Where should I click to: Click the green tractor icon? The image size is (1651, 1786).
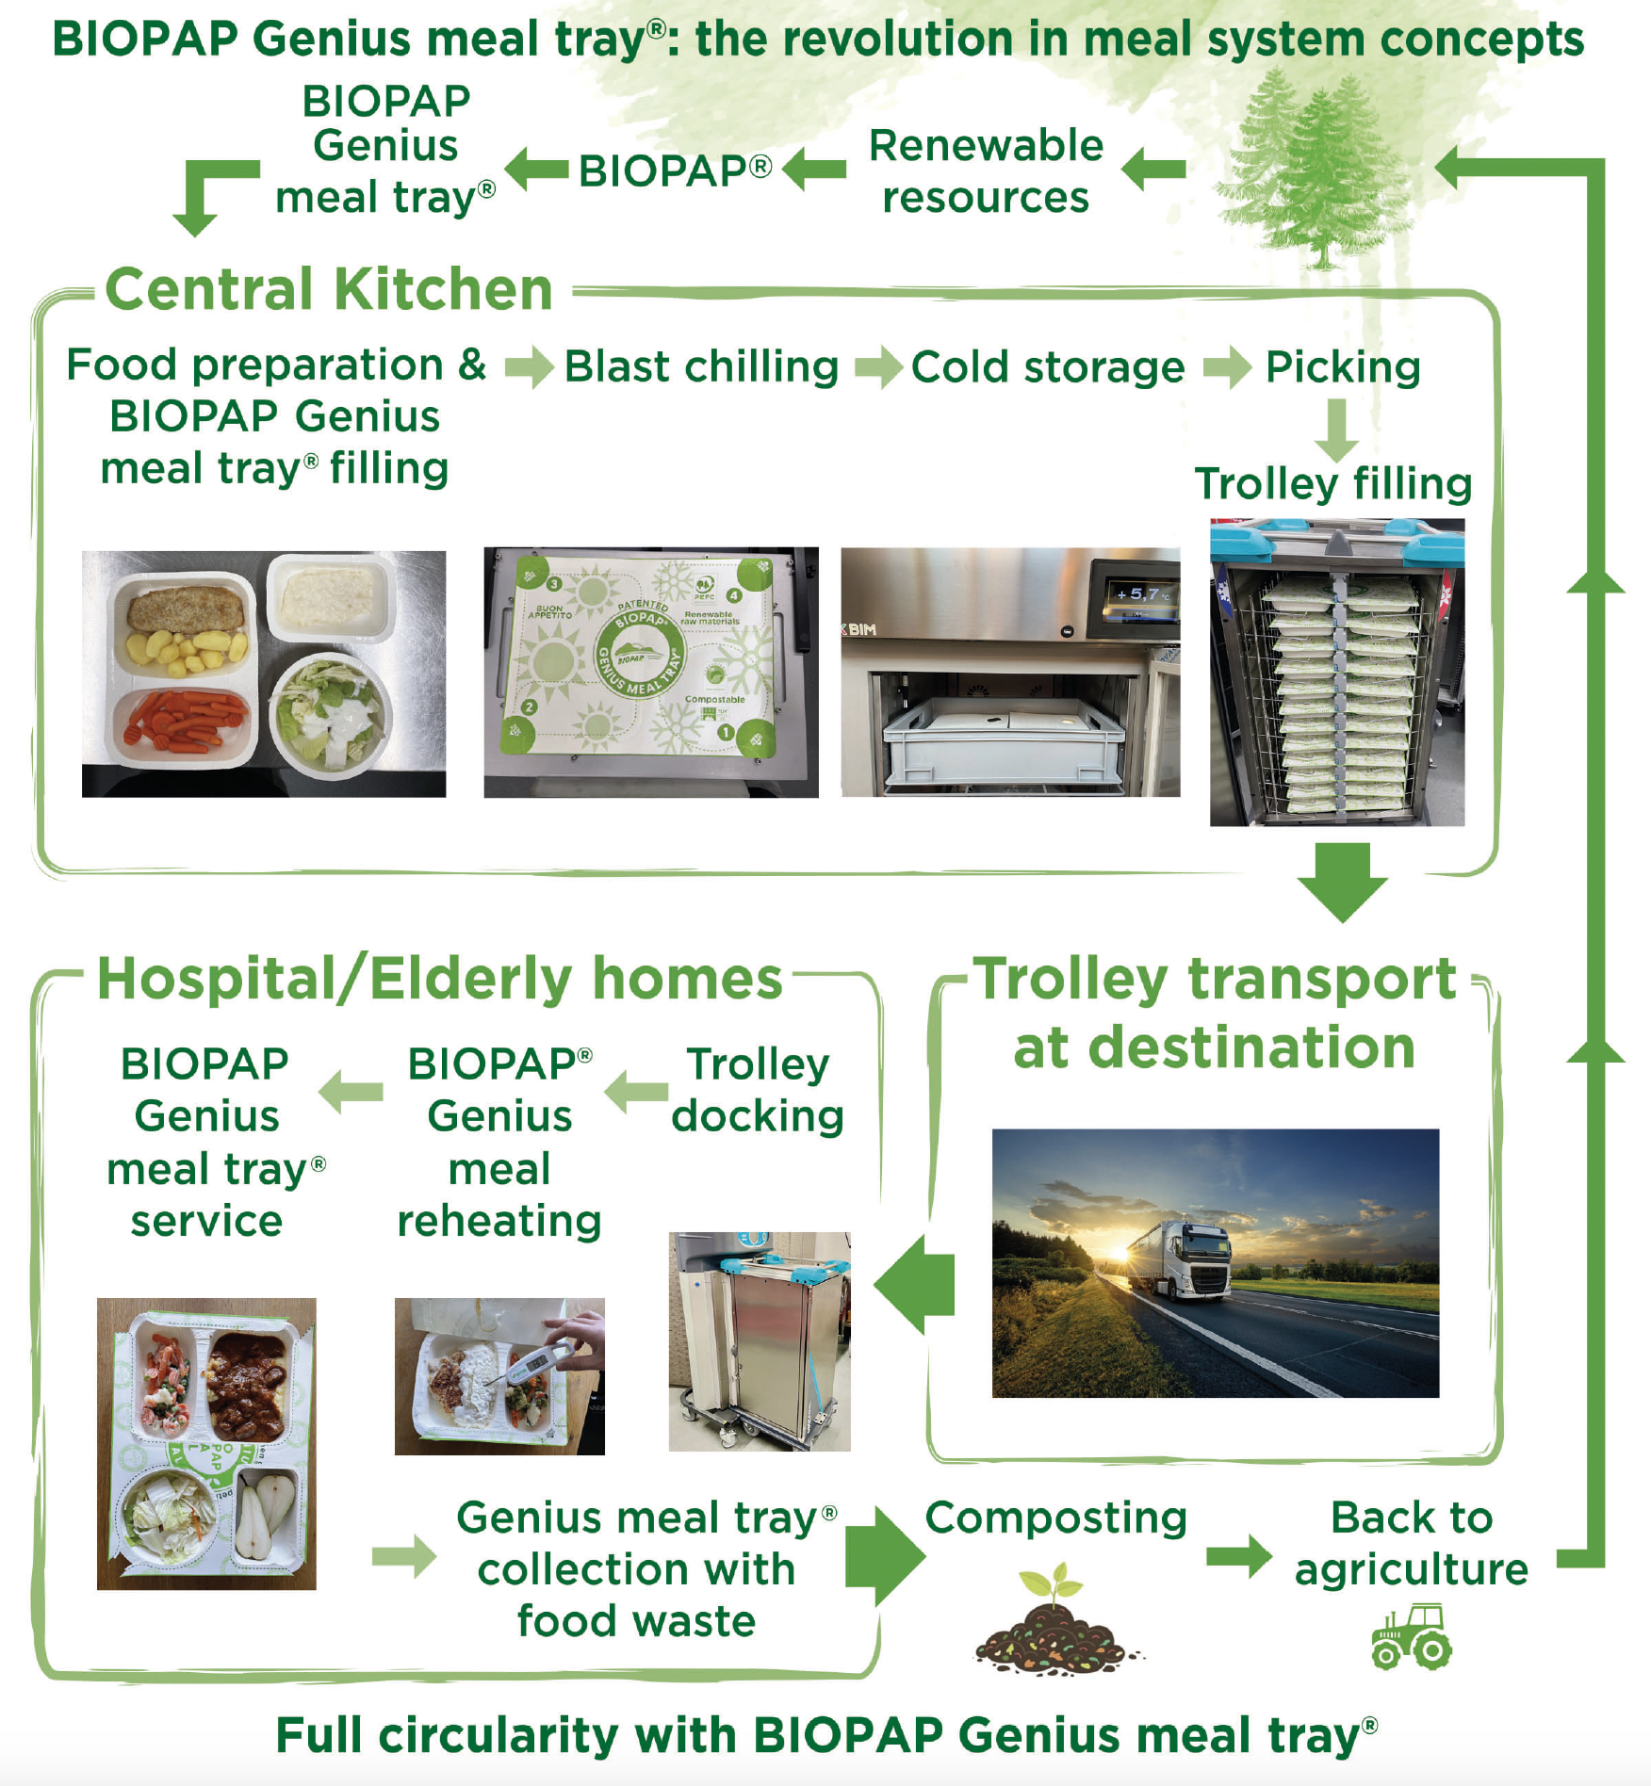pos(1412,1637)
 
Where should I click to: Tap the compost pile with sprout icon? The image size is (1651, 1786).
pos(1057,1620)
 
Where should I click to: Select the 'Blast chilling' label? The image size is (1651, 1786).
pos(701,366)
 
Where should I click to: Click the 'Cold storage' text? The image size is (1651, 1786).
pos(1048,367)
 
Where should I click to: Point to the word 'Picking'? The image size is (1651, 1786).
pos(1343,367)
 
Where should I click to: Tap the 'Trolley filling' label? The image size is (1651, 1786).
pos(1333,484)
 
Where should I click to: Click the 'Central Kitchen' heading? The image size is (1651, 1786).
pos(329,288)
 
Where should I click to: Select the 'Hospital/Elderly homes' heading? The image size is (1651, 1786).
pos(440,979)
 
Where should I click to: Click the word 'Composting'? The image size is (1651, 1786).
pos(1055,1518)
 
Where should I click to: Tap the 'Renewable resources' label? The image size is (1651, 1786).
pos(986,171)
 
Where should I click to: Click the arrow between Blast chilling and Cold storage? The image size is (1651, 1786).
pos(879,366)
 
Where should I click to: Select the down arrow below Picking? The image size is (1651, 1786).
pos(1336,430)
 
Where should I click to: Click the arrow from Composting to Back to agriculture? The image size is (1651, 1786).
pos(1239,1555)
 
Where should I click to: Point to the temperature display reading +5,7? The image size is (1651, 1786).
pos(1141,593)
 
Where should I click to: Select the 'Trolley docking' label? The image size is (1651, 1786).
pos(758,1090)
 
